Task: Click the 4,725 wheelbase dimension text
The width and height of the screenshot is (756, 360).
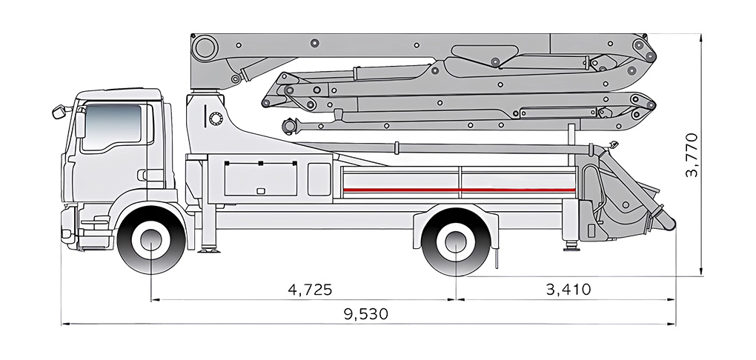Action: click(310, 289)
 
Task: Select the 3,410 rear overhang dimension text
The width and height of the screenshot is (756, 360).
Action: click(568, 289)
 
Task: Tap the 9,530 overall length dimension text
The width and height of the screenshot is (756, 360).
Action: click(365, 313)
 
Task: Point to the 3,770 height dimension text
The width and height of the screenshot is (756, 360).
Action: click(692, 154)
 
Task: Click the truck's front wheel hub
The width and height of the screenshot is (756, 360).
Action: click(151, 242)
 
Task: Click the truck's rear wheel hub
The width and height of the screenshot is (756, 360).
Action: click(455, 242)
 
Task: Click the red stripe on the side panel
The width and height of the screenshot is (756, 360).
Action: click(460, 190)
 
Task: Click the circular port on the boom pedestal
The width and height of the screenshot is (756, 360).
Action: click(216, 119)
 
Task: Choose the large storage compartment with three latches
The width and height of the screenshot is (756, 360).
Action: click(261, 179)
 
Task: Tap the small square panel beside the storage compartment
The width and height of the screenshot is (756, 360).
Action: click(319, 179)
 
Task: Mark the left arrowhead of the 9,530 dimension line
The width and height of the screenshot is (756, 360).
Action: click(63, 324)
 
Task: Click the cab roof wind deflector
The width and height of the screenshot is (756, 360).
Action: click(119, 95)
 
